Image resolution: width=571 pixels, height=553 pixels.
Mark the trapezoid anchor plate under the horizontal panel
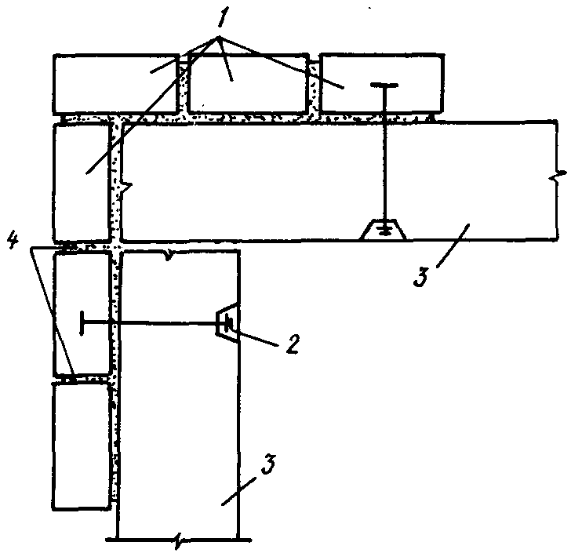point(382,230)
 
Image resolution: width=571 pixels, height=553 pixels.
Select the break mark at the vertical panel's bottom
point(180,540)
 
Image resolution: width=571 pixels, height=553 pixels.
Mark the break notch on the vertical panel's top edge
point(168,253)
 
